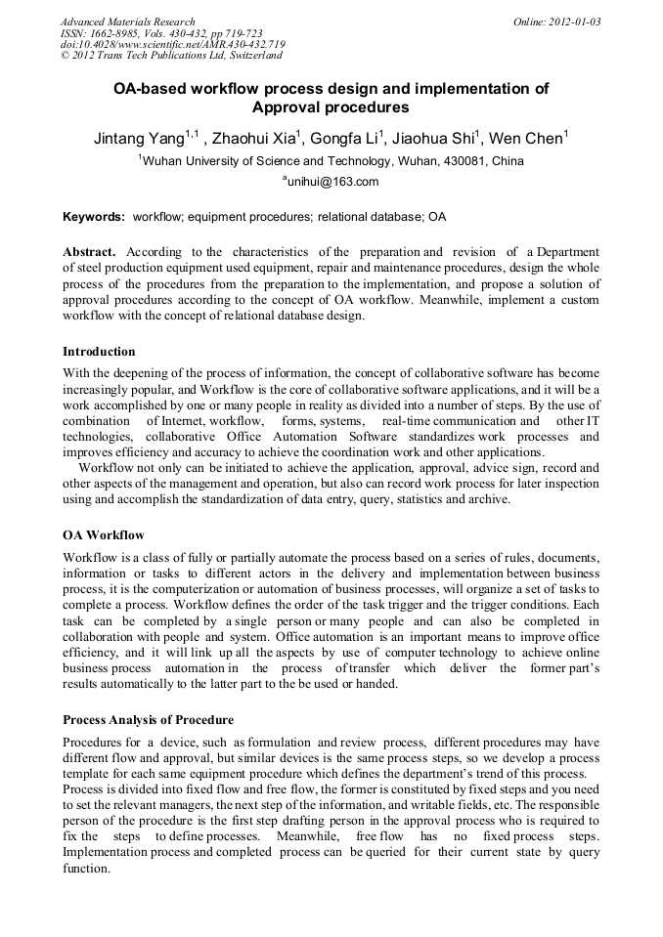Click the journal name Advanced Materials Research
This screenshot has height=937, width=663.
[127, 21]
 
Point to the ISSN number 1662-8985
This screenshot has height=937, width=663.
[121, 33]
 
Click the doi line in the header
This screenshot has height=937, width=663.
[172, 45]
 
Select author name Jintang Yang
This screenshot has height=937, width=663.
[138, 139]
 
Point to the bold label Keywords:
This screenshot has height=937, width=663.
[94, 216]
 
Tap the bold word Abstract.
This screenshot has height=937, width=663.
[89, 252]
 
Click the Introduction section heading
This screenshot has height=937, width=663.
[99, 352]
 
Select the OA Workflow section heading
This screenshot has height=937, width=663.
[103, 535]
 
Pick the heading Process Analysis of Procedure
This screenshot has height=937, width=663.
[148, 720]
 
